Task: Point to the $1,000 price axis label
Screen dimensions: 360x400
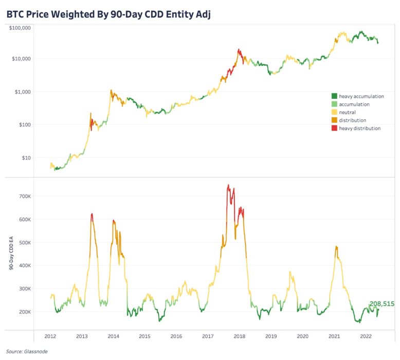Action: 23,92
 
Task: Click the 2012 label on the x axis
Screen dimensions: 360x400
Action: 50,336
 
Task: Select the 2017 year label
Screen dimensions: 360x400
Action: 208,336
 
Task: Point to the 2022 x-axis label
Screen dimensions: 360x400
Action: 366,336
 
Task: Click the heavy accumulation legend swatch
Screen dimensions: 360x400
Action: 334,96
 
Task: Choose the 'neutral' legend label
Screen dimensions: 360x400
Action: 347,112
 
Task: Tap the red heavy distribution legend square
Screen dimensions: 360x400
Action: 334,128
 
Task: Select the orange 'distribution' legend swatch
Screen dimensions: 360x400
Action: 334,120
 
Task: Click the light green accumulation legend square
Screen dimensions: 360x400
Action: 334,104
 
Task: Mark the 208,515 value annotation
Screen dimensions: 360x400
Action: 381,304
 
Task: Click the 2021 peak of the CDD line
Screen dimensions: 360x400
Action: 336,247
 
